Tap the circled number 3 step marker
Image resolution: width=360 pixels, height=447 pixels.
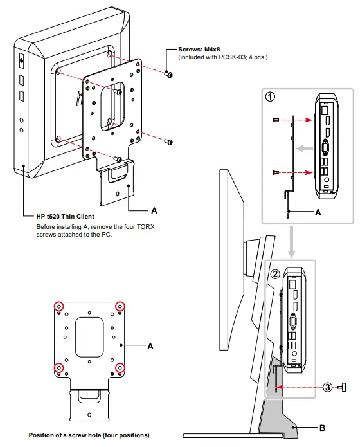coord(328,387)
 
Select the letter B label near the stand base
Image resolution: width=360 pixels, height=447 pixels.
coord(322,426)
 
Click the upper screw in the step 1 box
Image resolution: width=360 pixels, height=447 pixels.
coord(275,120)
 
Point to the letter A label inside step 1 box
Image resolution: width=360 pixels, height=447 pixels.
coord(318,212)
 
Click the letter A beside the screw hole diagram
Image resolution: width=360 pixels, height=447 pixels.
coord(150,346)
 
